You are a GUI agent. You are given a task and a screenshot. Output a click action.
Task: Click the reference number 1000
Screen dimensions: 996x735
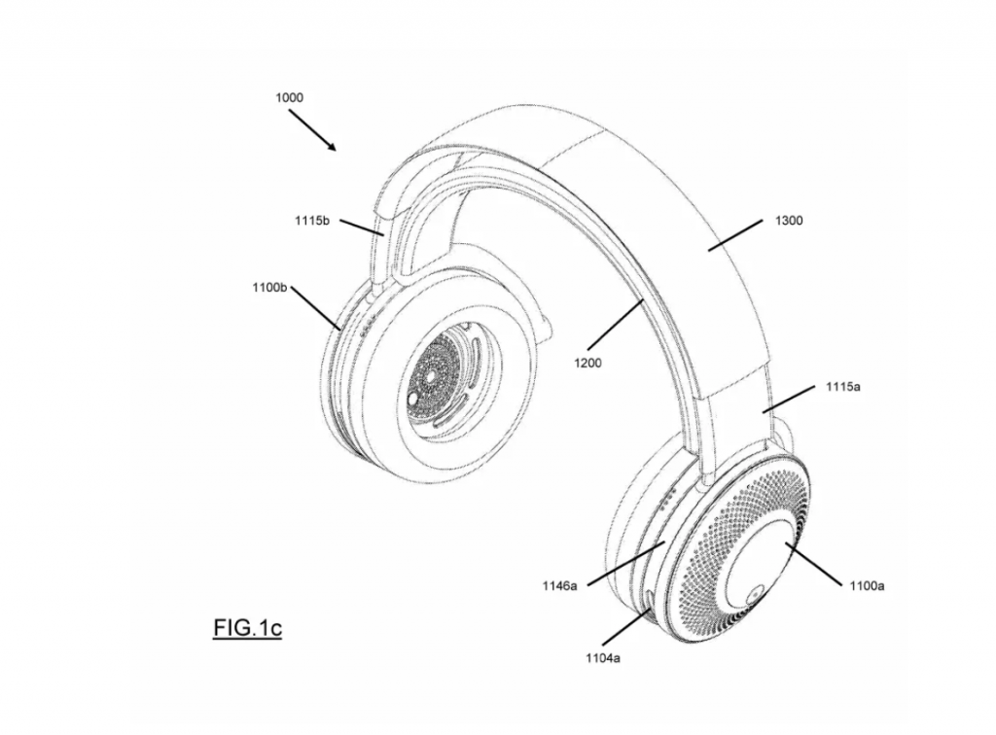tap(289, 98)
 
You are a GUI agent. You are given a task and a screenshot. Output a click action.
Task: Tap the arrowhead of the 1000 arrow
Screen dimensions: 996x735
tap(332, 147)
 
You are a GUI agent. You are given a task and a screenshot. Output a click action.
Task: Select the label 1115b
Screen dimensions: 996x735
tap(312, 221)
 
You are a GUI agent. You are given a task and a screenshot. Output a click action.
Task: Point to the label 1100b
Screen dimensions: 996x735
tap(269, 288)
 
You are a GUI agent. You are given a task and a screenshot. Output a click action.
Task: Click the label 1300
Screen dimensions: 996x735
tap(789, 221)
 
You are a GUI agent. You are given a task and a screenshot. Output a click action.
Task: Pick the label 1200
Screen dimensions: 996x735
tap(587, 363)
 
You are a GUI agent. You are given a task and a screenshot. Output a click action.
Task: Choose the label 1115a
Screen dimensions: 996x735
tap(843, 387)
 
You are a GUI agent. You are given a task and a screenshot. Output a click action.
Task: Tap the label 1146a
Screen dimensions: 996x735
tap(559, 586)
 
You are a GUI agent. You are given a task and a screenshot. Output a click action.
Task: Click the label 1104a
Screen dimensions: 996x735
tap(603, 658)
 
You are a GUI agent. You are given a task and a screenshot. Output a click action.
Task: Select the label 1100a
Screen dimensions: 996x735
tap(867, 586)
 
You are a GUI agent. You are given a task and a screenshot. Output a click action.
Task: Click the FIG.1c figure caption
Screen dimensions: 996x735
tap(247, 628)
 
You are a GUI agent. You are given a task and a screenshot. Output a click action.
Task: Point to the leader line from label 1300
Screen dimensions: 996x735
tap(735, 235)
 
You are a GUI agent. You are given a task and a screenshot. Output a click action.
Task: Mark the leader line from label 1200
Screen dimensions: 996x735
tap(615, 323)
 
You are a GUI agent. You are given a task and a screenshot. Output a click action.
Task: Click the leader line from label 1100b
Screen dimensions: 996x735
tap(315, 308)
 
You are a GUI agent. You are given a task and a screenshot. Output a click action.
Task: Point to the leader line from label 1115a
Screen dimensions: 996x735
tap(790, 399)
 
